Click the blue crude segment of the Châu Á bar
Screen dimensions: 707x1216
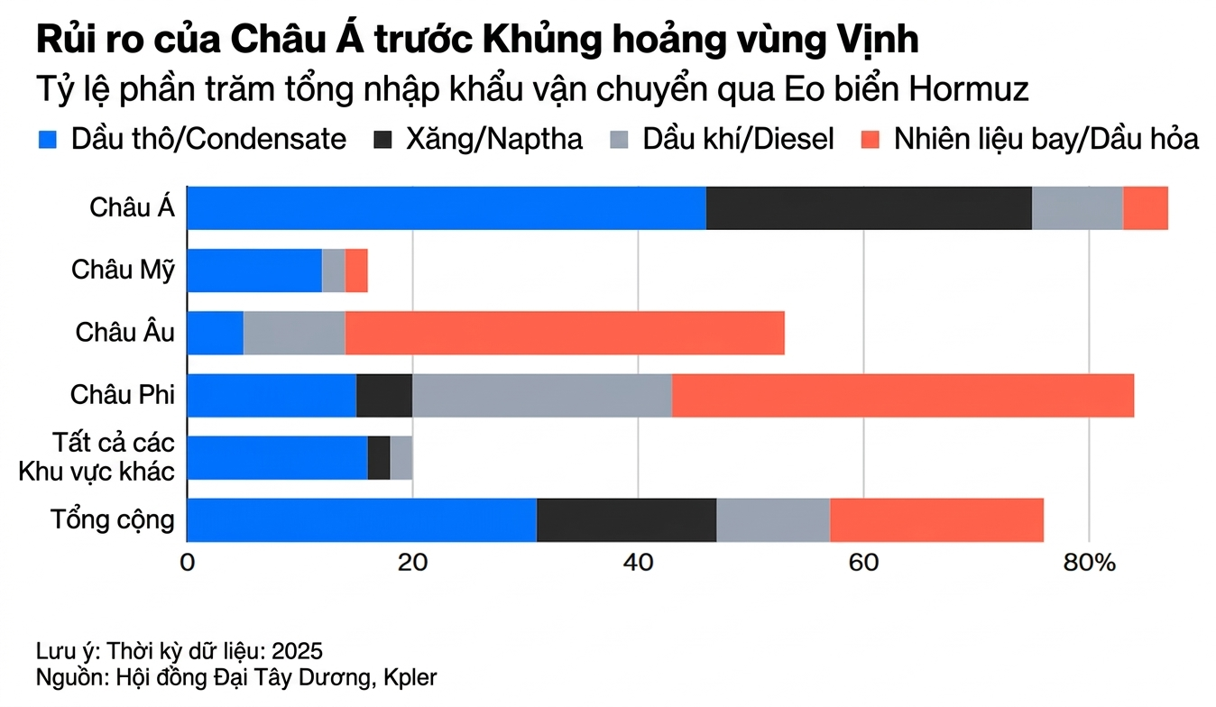pos(447,208)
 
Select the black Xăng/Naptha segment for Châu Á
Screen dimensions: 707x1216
pos(869,208)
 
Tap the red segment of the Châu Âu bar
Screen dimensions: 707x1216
pos(565,333)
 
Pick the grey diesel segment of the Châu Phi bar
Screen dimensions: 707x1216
pos(541,395)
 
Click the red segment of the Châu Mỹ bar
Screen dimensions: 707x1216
pos(356,271)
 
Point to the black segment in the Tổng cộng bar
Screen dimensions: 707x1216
pos(626,519)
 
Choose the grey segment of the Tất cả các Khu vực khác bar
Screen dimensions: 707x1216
pos(401,457)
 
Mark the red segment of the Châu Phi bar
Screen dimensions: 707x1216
pos(903,395)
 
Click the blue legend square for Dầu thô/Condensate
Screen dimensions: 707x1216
pos(48,140)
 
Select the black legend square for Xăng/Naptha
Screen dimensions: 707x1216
pos(383,140)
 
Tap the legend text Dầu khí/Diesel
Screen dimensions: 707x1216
pos(738,140)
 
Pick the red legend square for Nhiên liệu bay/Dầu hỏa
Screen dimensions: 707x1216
pos(870,140)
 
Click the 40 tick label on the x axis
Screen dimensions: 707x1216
pos(638,563)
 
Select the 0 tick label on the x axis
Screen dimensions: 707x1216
pos(188,563)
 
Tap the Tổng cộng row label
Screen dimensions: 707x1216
pos(113,520)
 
